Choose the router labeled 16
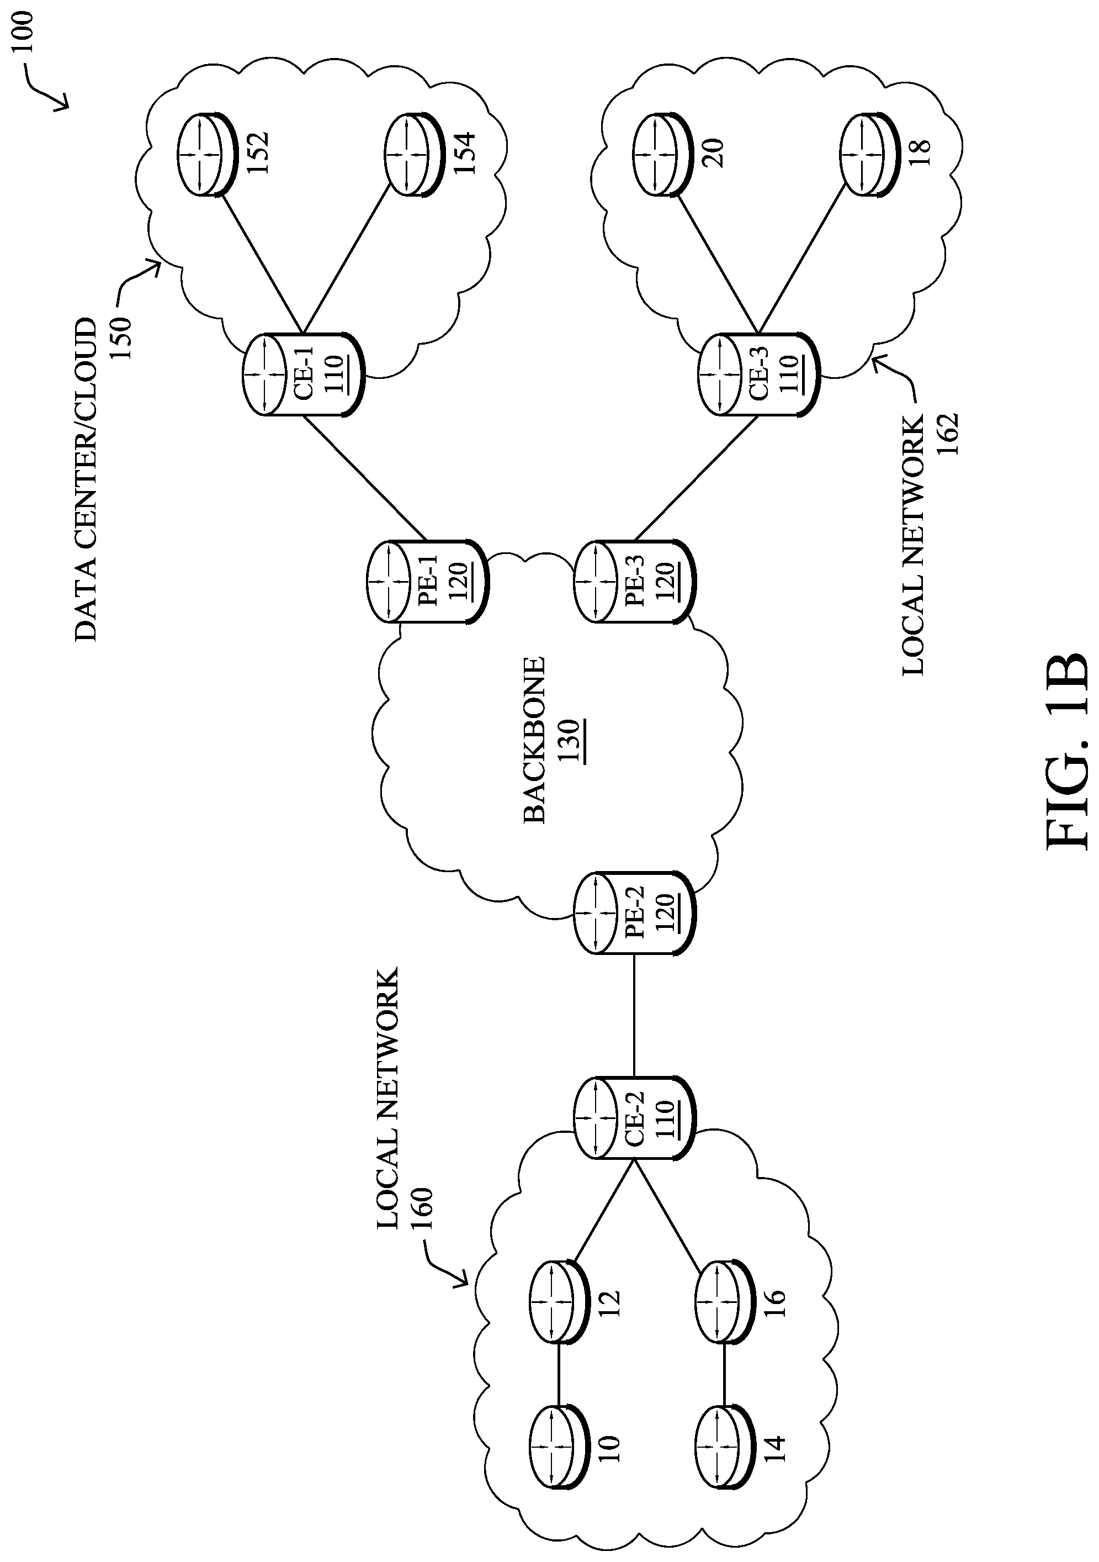723,1301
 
